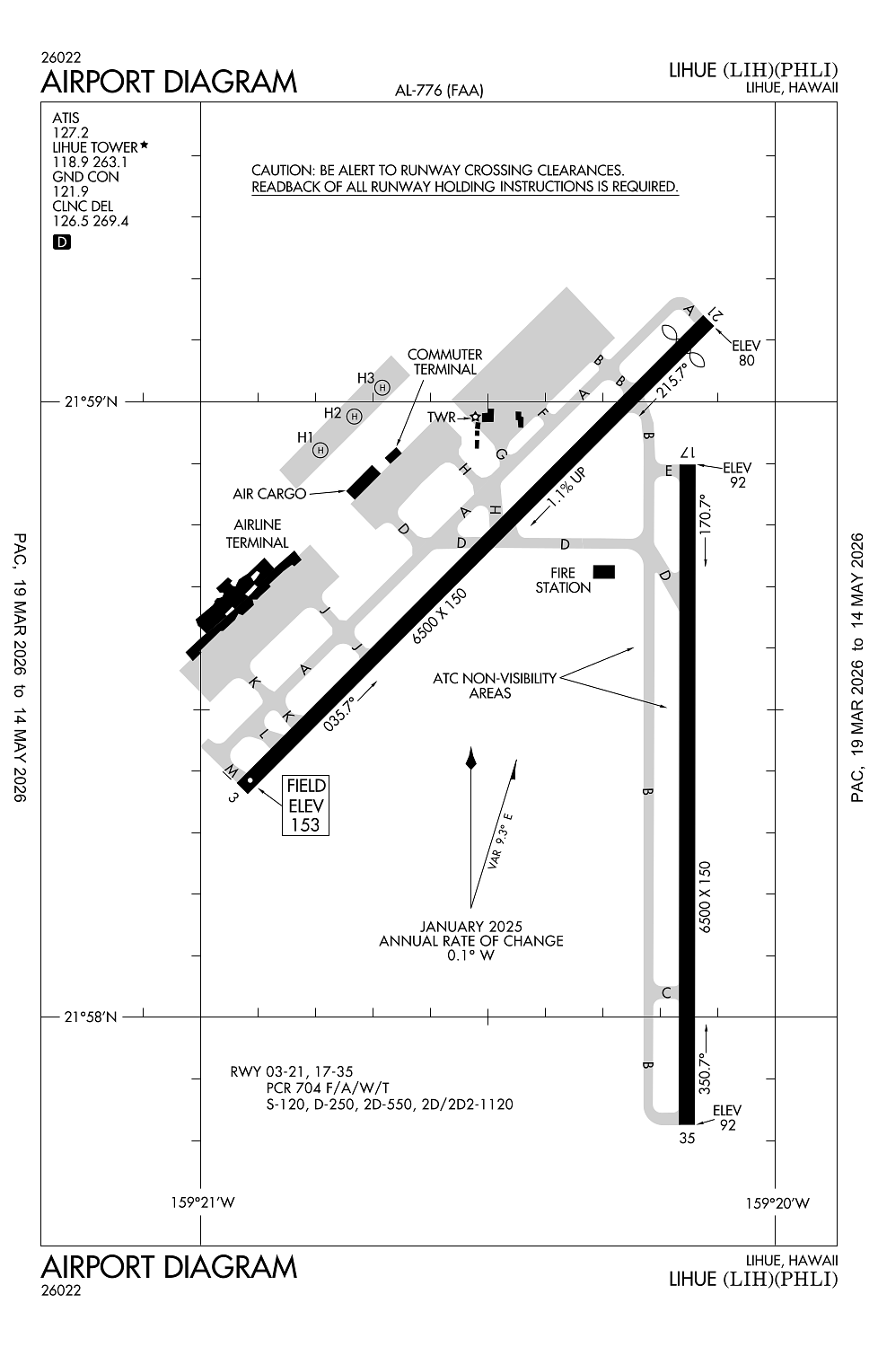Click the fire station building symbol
pos(604,572)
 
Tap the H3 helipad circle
pos(382,387)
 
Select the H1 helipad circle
pos(320,449)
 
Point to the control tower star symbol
pos(476,417)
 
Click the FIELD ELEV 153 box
pos(305,806)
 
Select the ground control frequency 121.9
pos(70,191)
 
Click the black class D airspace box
pos(61,242)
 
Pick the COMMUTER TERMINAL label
pos(445,362)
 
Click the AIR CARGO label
pos(269,494)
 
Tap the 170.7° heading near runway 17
pos(707,514)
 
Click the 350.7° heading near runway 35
pos(707,1070)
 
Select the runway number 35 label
pos(687,1139)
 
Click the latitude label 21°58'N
pos(91,1017)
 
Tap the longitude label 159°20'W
pos(778,1203)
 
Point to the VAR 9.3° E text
pos(501,841)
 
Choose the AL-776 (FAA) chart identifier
pos(439,91)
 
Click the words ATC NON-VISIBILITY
pos(495,678)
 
